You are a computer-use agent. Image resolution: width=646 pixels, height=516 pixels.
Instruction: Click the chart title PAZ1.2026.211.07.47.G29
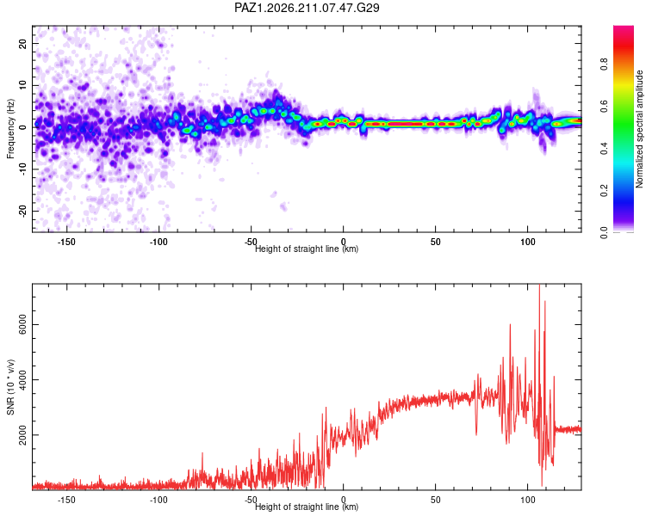click(307, 8)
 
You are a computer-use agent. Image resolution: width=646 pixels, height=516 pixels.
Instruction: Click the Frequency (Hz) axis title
click(10, 129)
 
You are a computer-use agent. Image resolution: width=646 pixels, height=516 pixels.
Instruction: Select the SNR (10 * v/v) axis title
click(10, 387)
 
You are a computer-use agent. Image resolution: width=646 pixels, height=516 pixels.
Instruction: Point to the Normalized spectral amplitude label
click(639, 129)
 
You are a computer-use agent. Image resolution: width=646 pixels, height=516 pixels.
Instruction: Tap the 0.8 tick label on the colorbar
click(604, 64)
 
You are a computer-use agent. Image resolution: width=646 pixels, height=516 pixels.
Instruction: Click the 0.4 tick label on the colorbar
click(604, 149)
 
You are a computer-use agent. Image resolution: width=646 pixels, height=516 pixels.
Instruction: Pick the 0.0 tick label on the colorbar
click(604, 232)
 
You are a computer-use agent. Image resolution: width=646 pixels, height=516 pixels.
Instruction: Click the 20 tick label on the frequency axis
click(22, 43)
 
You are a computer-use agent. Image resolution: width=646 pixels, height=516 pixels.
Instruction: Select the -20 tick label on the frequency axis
click(22, 211)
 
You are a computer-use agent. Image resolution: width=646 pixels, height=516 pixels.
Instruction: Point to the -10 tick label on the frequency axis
click(22, 169)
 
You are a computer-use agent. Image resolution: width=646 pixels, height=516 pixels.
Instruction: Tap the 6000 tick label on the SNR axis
click(22, 325)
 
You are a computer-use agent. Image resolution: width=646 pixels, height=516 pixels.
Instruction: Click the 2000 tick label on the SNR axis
click(22, 435)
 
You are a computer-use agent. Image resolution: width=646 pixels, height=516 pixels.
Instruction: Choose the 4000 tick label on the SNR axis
click(22, 380)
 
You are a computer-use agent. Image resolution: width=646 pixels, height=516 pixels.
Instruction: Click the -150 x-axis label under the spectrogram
click(66, 242)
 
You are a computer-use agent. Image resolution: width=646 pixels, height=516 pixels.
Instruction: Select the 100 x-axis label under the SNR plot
click(528, 500)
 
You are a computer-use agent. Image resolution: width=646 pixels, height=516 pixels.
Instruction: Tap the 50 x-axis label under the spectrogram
click(436, 242)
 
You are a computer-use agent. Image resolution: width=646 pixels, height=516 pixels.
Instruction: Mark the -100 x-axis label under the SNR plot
click(158, 500)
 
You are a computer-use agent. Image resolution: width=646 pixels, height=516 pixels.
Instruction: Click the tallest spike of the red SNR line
click(539, 286)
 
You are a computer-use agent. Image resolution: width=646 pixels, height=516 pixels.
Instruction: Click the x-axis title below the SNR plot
click(307, 507)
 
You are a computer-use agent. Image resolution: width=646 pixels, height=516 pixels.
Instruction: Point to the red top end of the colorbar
click(624, 28)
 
